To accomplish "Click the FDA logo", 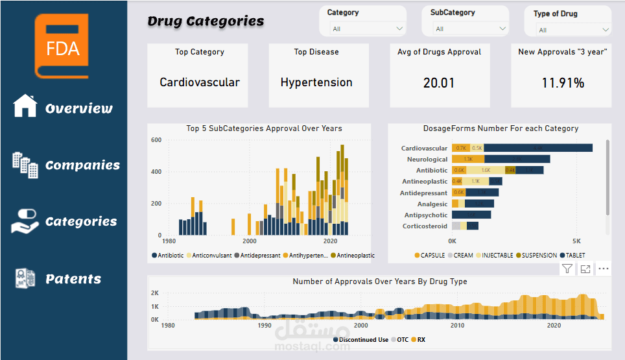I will (x=63, y=46).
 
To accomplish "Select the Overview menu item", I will (x=63, y=108).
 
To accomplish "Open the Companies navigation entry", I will (x=65, y=165).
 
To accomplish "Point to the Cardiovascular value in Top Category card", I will (x=200, y=82).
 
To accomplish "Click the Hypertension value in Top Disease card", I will (x=316, y=82).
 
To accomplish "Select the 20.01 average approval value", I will (x=439, y=83).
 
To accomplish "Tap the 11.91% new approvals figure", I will (x=562, y=83).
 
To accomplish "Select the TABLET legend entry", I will (x=573, y=256).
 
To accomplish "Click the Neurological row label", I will (x=427, y=159).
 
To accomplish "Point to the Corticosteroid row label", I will (x=425, y=226).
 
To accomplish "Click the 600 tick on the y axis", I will (x=156, y=140).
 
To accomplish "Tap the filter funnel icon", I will (x=567, y=269).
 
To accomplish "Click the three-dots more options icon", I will (x=604, y=269).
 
